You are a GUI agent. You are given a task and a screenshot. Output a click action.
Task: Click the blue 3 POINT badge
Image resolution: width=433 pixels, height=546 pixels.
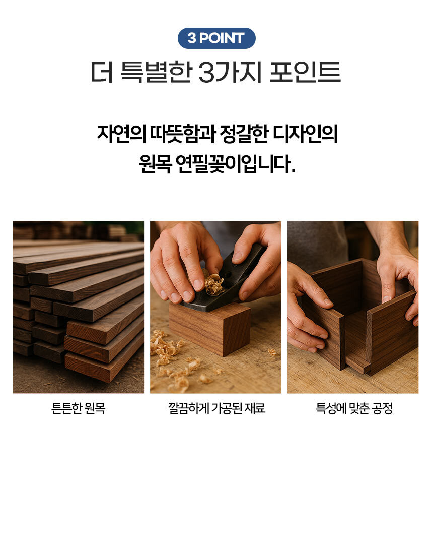(216, 38)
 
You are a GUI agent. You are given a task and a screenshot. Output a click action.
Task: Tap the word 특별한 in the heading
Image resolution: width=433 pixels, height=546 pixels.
(157, 72)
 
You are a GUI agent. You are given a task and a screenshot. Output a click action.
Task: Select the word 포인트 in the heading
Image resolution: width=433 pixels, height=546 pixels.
(305, 72)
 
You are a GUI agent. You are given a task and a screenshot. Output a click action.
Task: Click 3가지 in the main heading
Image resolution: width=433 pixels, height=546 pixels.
(230, 72)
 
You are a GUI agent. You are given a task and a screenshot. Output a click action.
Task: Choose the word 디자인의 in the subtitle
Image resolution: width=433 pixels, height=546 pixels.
(305, 134)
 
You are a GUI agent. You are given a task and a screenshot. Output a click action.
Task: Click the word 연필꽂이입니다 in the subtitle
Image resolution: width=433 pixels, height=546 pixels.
(235, 164)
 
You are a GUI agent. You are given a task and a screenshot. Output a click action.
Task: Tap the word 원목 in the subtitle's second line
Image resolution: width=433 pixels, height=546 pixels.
(155, 164)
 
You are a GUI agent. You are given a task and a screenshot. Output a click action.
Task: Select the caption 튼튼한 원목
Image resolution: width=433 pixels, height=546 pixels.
(78, 408)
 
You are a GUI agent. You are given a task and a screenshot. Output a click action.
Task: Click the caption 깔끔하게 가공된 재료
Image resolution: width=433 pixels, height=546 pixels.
(216, 408)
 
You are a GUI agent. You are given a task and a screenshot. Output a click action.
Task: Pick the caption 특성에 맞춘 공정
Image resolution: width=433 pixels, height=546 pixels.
(354, 408)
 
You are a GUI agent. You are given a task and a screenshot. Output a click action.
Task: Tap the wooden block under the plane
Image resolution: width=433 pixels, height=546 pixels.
(210, 329)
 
